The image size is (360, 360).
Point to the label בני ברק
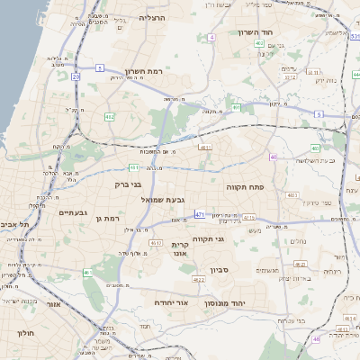129,184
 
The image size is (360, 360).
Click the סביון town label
221,270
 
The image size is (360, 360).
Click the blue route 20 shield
76,77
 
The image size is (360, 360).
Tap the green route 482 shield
110,117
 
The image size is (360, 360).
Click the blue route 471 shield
200,215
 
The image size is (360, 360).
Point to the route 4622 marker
198,280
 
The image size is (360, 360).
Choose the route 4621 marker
301,264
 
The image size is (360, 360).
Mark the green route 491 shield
236,108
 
